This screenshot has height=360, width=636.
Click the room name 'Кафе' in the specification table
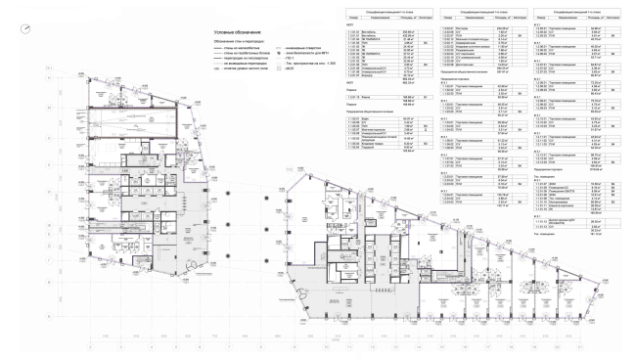click(366, 119)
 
